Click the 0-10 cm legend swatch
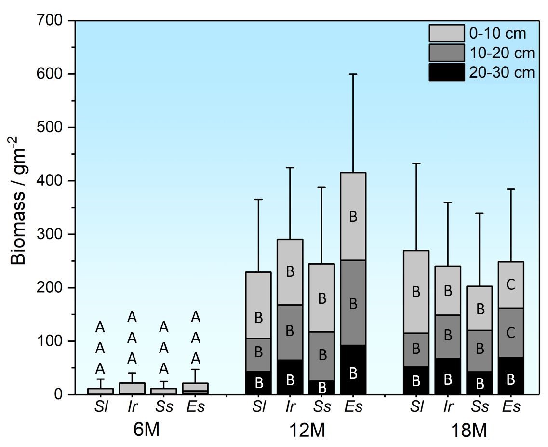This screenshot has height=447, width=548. pyautogui.click(x=446, y=33)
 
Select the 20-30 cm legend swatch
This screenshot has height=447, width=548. pyautogui.click(x=446, y=72)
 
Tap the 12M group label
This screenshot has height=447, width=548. pyautogui.click(x=306, y=431)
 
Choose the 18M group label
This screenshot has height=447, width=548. pyautogui.click(x=467, y=431)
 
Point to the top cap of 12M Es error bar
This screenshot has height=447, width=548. pyautogui.click(x=353, y=74)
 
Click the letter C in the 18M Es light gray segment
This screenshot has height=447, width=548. pyautogui.click(x=511, y=284)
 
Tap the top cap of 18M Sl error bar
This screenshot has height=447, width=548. pyautogui.click(x=416, y=163)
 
